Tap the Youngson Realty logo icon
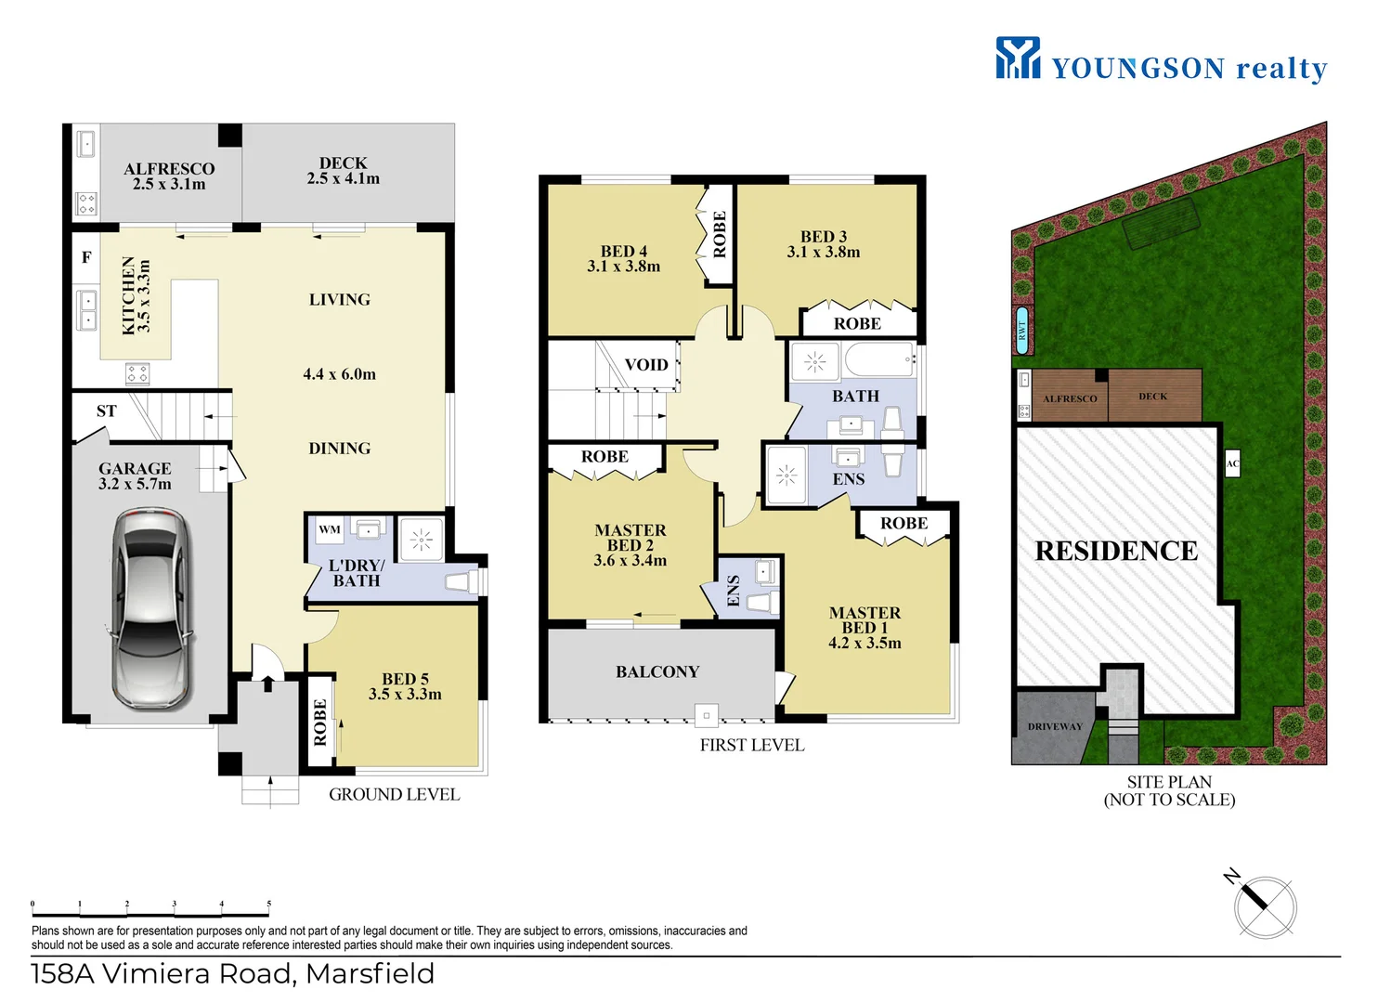[x=1018, y=58]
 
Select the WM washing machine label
[x=330, y=529]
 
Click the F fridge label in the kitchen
[x=86, y=257]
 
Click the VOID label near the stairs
[x=646, y=365]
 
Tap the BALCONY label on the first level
[x=657, y=671]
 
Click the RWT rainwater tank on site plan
[x=1022, y=330]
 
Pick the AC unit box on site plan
[x=1232, y=463]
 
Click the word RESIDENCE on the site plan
[x=1116, y=551]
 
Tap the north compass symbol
[x=1264, y=905]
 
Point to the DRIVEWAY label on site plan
[x=1055, y=726]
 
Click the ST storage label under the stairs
[x=107, y=410]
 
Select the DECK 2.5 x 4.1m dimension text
[x=344, y=178]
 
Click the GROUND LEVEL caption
[x=394, y=794]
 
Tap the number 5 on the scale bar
[x=269, y=903]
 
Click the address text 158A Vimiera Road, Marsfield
[x=233, y=973]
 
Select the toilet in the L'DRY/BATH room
[x=461, y=581]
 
